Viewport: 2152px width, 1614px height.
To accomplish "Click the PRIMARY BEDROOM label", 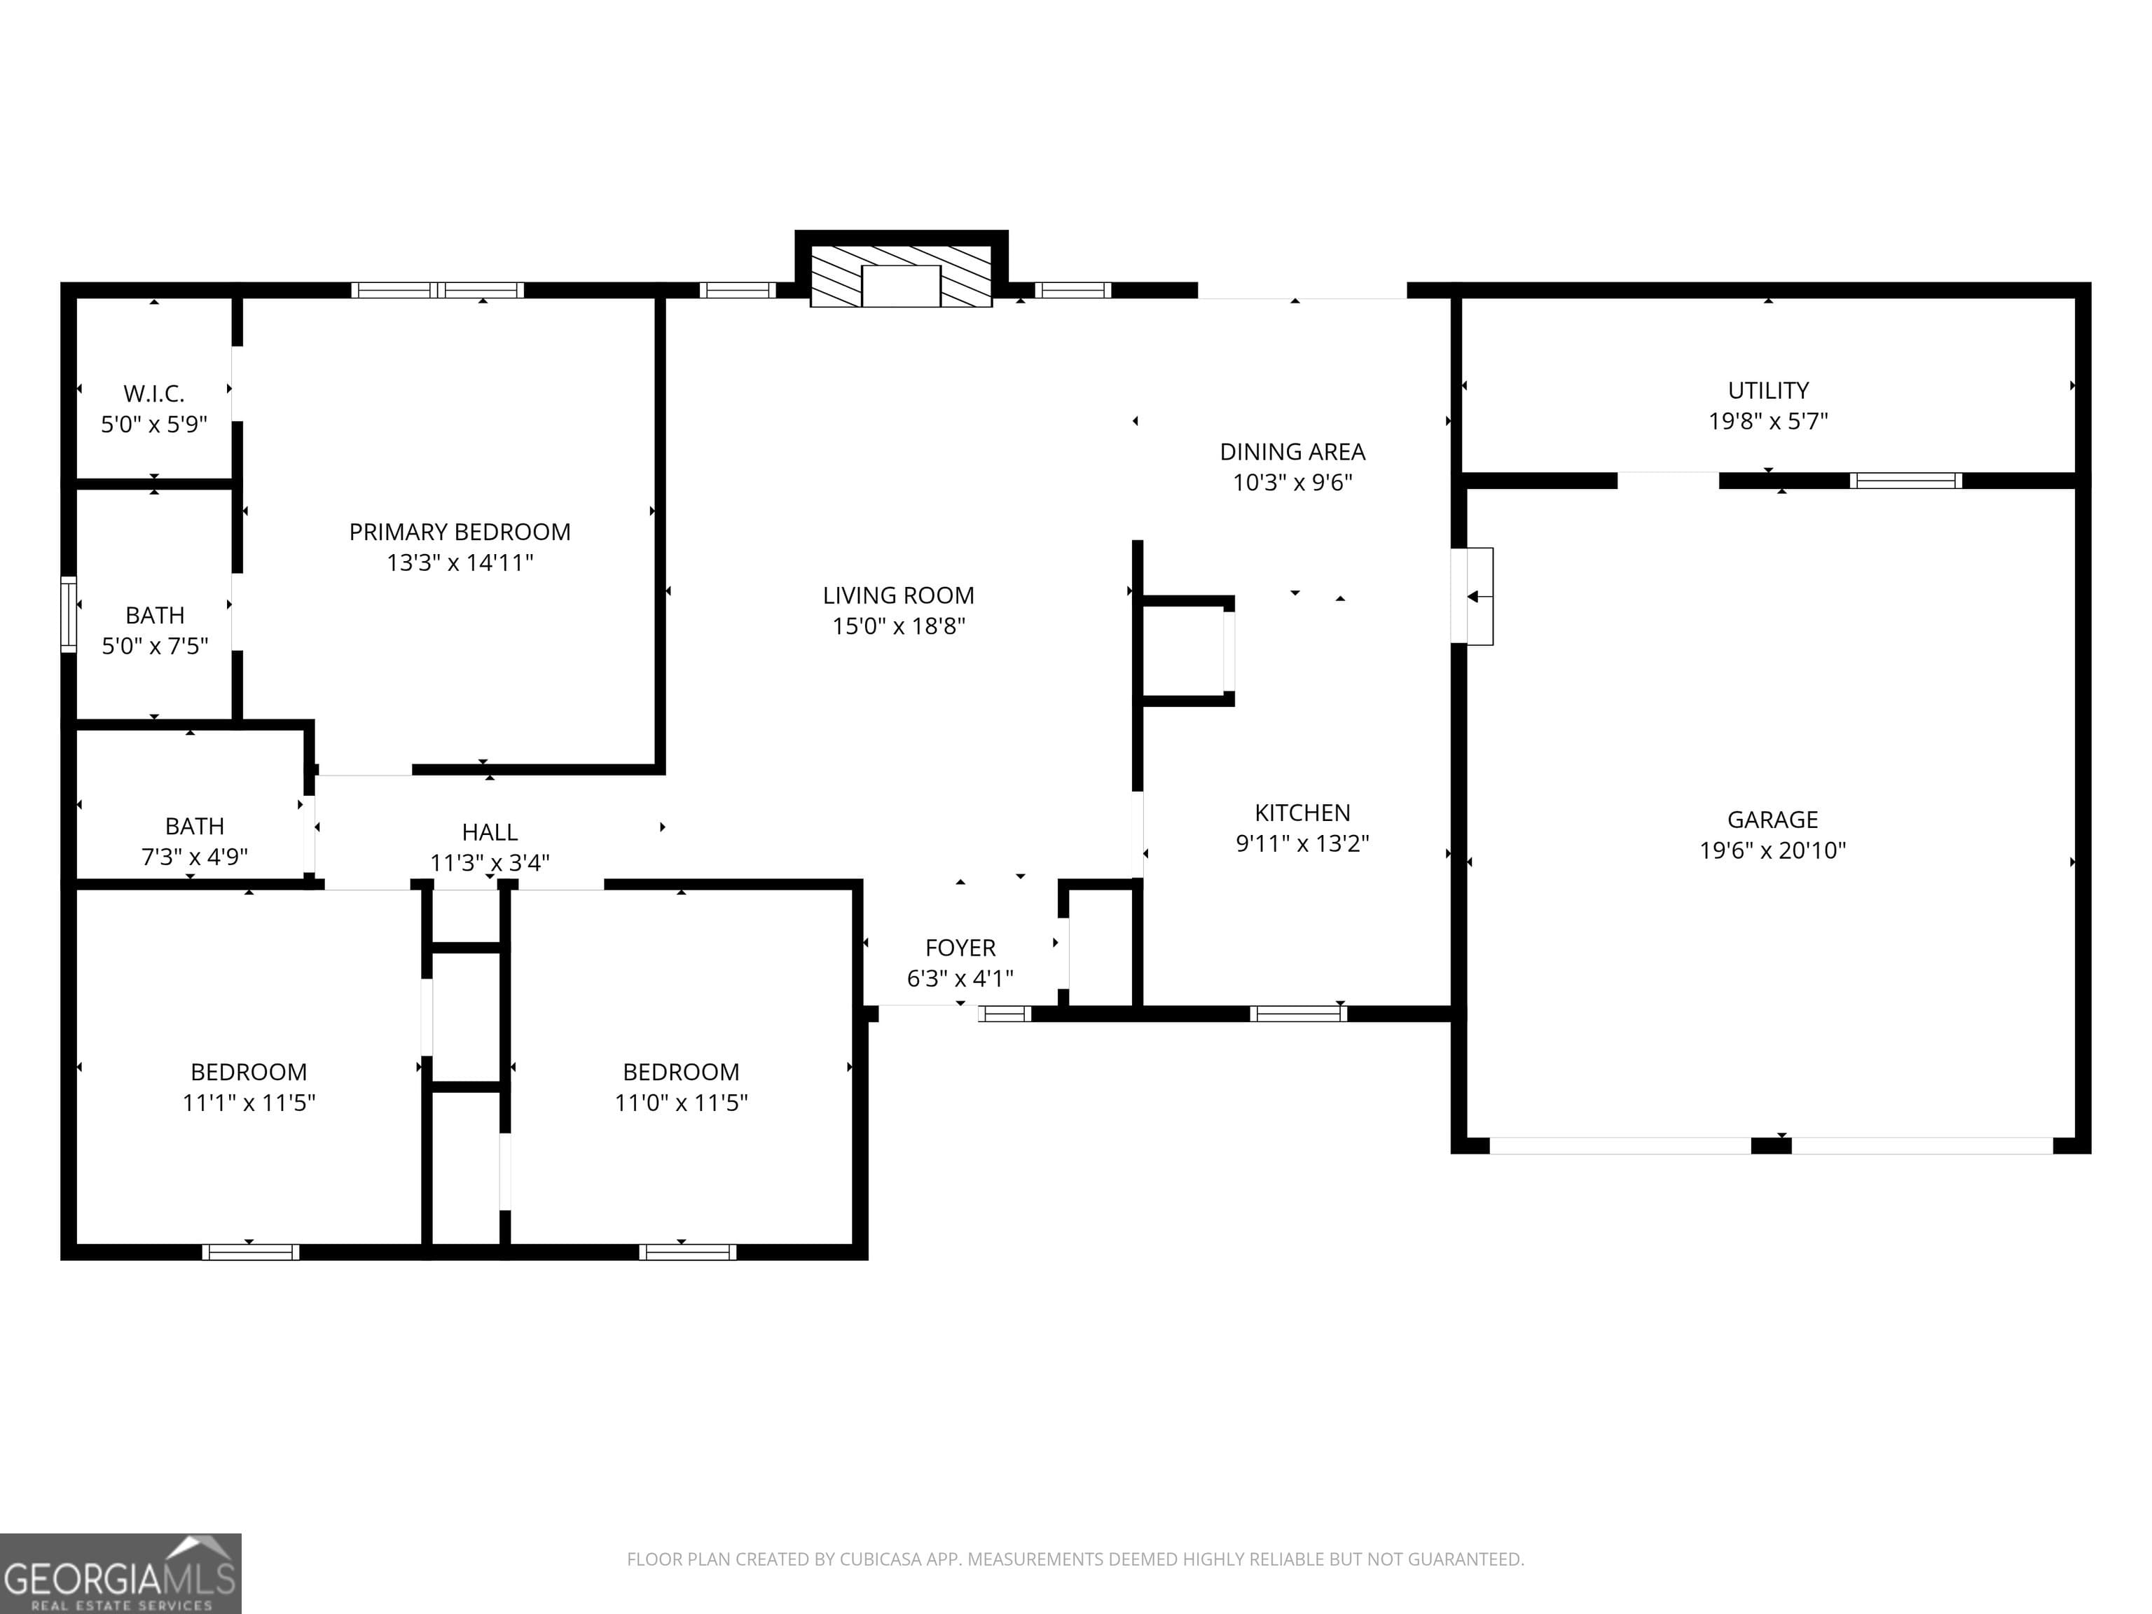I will click(460, 532).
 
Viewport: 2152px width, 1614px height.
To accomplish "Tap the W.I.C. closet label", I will click(153, 394).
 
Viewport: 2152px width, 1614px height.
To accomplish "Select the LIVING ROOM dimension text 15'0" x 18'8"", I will click(898, 626).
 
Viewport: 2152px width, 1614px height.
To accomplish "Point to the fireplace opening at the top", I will click(901, 285).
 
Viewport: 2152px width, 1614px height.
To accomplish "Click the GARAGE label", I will click(1772, 820).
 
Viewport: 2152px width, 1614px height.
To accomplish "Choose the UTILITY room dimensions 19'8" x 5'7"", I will click(1767, 421).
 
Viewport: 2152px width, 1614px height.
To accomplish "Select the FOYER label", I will click(960, 948).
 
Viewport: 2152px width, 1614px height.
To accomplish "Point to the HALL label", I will click(490, 833).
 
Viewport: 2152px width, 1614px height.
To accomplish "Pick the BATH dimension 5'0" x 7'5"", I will click(155, 646).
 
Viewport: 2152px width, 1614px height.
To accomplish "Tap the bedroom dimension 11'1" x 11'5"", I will click(249, 1102).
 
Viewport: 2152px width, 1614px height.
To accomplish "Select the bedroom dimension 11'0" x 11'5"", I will click(681, 1102).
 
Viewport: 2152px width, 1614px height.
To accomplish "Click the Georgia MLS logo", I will click(120, 1573).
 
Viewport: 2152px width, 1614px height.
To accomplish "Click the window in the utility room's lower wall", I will click(1905, 481).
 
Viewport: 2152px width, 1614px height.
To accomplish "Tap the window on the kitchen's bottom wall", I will click(1298, 1014).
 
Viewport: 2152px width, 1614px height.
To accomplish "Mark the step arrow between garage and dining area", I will click(1474, 596).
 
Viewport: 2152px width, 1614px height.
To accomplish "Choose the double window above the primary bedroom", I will click(437, 290).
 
